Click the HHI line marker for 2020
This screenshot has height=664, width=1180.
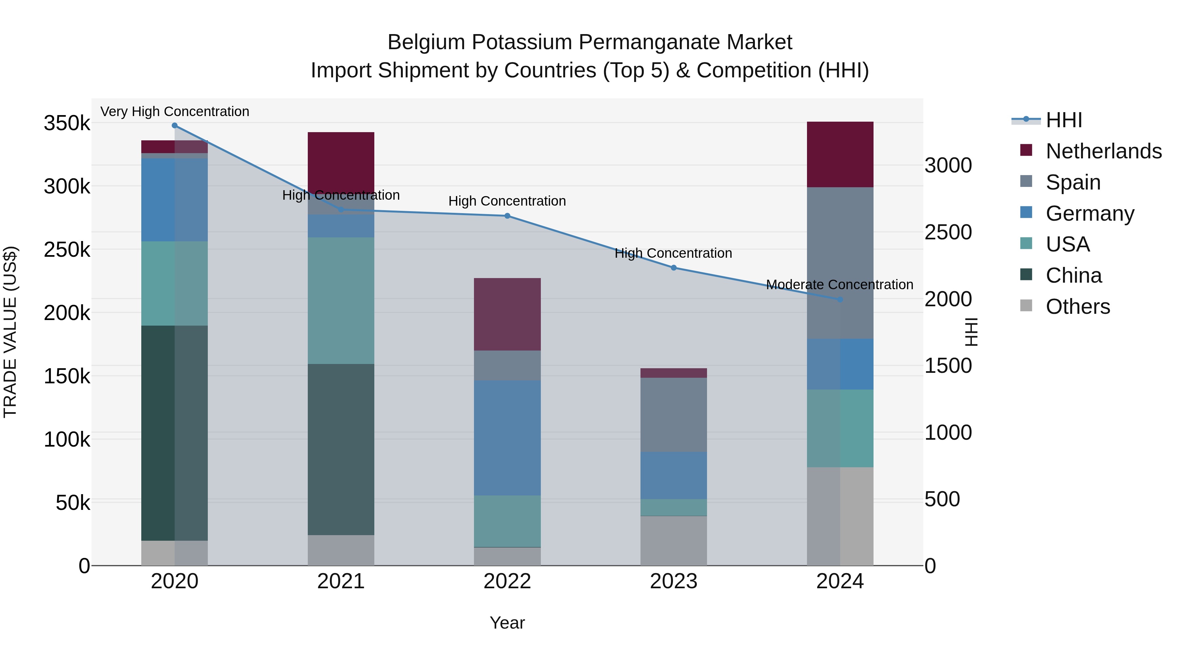pyautogui.click(x=174, y=126)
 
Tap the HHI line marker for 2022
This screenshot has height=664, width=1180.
pyautogui.click(x=507, y=216)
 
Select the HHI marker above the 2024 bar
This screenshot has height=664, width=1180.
pyautogui.click(x=840, y=300)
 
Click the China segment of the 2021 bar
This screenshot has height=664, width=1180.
pyautogui.click(x=341, y=449)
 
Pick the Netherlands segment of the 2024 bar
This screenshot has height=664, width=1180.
pyautogui.click(x=840, y=154)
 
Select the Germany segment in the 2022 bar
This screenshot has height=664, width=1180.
pyautogui.click(x=507, y=438)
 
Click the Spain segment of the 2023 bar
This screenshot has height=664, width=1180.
pyautogui.click(x=673, y=415)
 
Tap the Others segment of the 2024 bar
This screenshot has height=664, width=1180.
pyautogui.click(x=840, y=516)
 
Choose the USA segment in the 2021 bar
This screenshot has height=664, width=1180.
pyautogui.click(x=341, y=301)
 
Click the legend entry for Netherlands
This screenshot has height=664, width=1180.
pyautogui.click(x=1103, y=151)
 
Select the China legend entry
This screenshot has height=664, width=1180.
pyautogui.click(x=1073, y=275)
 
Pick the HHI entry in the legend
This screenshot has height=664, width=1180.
pyautogui.click(x=1064, y=120)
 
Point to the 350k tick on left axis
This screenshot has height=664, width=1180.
pyautogui.click(x=67, y=123)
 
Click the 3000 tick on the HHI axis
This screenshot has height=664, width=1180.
pyautogui.click(x=948, y=166)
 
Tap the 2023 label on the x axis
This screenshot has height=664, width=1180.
pyautogui.click(x=673, y=581)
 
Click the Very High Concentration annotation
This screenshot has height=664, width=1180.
pyautogui.click(x=174, y=111)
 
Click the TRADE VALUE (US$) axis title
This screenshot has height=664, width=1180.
pyautogui.click(x=10, y=332)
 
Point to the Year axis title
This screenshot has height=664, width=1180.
pyautogui.click(x=507, y=623)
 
